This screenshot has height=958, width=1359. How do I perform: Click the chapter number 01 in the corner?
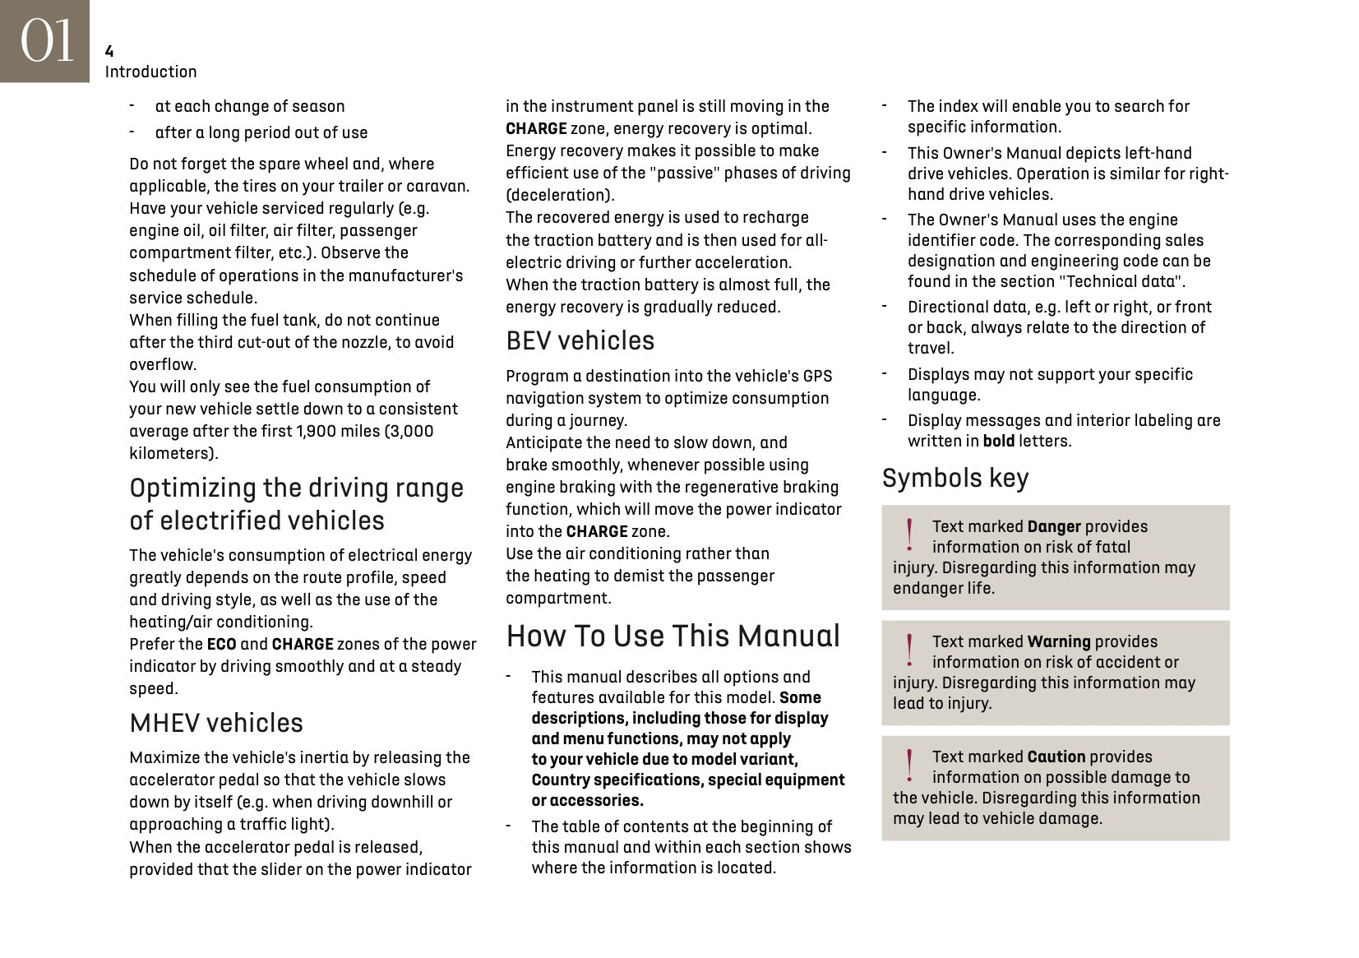click(46, 40)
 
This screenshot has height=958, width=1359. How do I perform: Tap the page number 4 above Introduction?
click(109, 52)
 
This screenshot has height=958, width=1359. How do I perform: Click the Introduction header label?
click(150, 72)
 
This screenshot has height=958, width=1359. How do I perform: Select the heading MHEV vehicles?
click(216, 723)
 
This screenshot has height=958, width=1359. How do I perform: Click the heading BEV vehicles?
click(580, 340)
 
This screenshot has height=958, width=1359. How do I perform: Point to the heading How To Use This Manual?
click(673, 636)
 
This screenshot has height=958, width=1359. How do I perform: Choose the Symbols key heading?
click(955, 478)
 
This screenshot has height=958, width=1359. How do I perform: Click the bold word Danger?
click(1053, 526)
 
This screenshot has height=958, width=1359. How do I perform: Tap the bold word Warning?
click(1058, 641)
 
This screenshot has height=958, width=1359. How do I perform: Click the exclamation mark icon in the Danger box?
click(909, 535)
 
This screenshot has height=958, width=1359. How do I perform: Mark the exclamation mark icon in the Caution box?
click(909, 765)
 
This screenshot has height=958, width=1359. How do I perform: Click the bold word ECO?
click(221, 644)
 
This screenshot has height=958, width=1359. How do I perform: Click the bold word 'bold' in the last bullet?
click(998, 441)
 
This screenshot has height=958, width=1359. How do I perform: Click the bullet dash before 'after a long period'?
click(132, 132)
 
